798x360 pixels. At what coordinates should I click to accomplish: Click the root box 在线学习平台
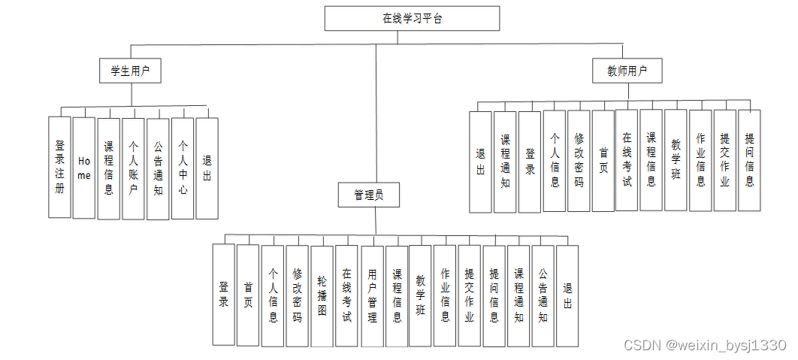tap(412, 19)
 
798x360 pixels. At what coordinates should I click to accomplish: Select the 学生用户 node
tap(131, 71)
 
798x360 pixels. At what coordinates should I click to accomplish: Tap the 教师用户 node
tap(627, 71)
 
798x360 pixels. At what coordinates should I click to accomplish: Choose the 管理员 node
tap(368, 195)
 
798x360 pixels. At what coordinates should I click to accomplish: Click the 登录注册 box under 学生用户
tap(59, 167)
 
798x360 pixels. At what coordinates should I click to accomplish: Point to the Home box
tap(84, 168)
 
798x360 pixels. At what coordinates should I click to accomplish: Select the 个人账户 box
tap(133, 168)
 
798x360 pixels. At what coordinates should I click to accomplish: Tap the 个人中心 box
tap(183, 168)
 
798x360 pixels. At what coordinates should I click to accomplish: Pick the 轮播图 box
tap(322, 295)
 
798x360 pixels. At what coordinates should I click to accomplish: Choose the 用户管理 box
tap(372, 295)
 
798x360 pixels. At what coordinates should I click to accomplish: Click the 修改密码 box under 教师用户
tap(579, 160)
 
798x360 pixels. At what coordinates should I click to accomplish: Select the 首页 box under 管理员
tap(248, 295)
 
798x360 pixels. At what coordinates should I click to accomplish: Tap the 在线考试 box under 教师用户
tap(627, 160)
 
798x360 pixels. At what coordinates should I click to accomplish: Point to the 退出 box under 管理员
tap(567, 295)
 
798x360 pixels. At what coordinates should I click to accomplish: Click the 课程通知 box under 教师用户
tap(505, 162)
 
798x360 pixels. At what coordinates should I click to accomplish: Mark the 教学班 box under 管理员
tap(420, 295)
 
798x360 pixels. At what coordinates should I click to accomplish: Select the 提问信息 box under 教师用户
tap(749, 160)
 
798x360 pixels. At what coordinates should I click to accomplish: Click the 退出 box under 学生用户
tap(207, 168)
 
